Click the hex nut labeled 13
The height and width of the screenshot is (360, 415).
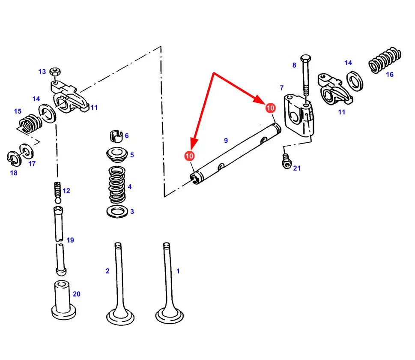55,71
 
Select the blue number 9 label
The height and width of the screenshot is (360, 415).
226,141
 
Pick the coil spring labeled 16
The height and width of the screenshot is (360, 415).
385,60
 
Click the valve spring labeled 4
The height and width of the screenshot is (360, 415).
117,185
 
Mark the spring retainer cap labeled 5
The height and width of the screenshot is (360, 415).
117,155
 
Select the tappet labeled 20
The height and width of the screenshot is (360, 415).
63,300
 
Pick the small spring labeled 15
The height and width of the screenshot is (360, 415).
30,123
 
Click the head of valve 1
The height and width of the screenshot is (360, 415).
170,315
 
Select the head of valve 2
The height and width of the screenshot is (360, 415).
120,317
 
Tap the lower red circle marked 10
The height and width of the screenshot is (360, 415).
189,156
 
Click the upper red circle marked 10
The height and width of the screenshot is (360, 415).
271,108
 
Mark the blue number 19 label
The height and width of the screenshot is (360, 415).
70,240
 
